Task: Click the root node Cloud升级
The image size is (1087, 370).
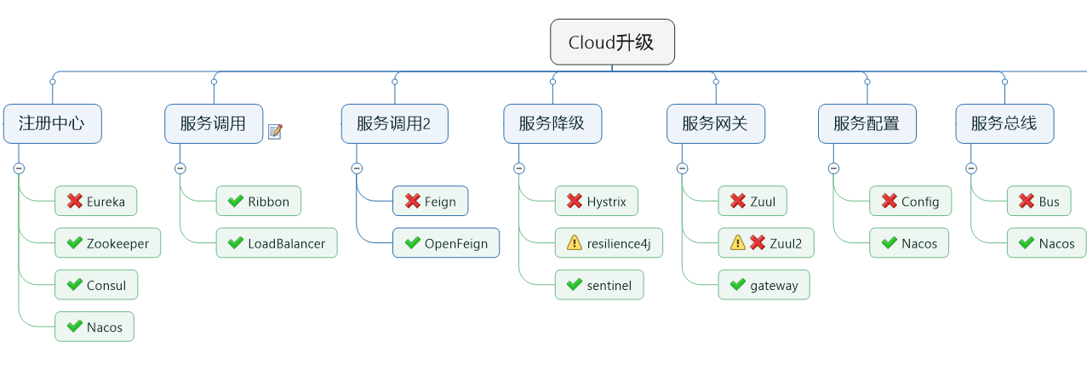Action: pos(612,42)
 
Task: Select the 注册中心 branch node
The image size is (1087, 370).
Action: pos(52,123)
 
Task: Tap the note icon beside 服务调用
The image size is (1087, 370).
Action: pos(274,131)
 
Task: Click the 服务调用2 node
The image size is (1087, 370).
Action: pos(394,123)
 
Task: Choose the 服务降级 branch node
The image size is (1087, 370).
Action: pos(552,123)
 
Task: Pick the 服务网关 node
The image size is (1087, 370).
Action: pos(715,123)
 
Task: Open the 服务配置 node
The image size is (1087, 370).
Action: pos(867,123)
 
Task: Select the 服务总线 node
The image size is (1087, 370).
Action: pos(1004,123)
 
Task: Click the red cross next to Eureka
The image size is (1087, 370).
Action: pos(74,202)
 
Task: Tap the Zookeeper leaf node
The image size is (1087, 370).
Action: pos(107,243)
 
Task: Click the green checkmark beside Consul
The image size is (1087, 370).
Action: pos(74,285)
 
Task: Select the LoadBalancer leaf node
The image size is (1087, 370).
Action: pos(277,243)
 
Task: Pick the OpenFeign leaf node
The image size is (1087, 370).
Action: pos(446,243)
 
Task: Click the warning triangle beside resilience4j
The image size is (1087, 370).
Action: pos(575,243)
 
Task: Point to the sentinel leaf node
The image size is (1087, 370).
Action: pos(599,285)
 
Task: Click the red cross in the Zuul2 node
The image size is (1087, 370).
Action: pos(758,243)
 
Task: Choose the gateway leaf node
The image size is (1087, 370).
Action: pos(764,285)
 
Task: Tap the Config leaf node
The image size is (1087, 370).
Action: pos(910,202)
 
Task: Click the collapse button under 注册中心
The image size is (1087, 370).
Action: pos(19,168)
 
